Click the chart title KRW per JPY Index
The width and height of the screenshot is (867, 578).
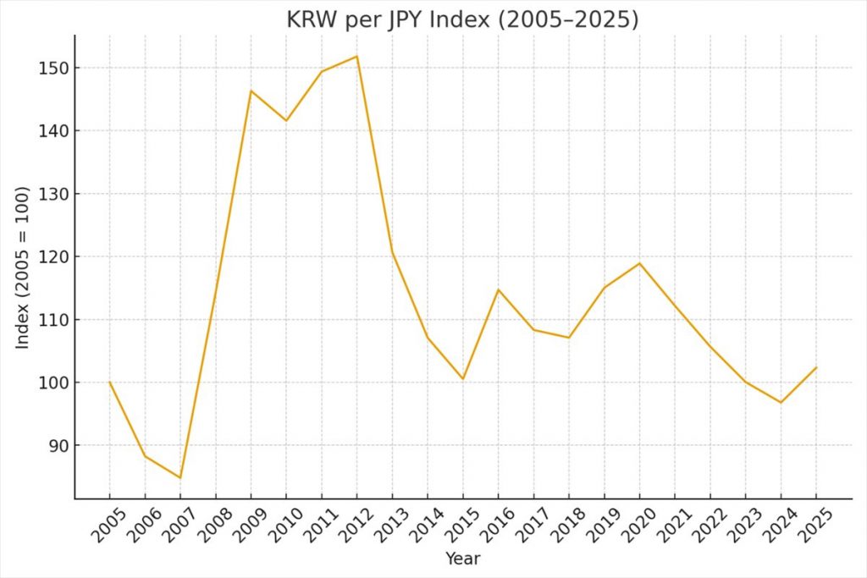(x=463, y=19)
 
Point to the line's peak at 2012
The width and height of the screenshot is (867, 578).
(x=357, y=57)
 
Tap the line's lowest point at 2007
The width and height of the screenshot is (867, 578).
(x=180, y=478)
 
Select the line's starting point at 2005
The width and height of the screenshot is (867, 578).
(x=110, y=382)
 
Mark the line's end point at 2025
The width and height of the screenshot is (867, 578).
(x=816, y=367)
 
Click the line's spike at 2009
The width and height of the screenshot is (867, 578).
(x=251, y=91)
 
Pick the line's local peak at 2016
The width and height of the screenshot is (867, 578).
(x=499, y=289)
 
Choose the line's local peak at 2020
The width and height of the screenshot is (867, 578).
(x=640, y=263)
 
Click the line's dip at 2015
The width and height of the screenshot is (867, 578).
(x=463, y=378)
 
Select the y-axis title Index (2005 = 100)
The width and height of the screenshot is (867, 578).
(x=23, y=267)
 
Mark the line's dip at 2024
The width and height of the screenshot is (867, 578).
(x=781, y=402)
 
